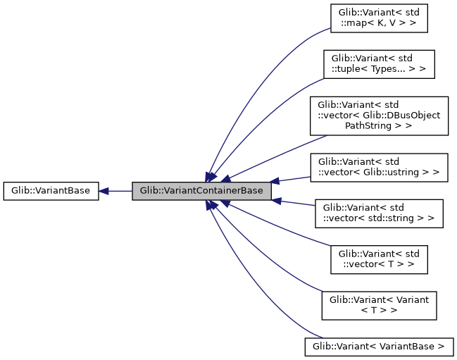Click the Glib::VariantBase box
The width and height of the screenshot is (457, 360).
coord(50,191)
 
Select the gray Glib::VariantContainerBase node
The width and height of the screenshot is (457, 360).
coord(201,191)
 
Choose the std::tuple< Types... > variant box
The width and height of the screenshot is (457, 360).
coord(379,64)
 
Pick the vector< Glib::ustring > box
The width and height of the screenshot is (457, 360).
coord(379,166)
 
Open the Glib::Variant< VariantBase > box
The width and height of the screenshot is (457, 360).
coord(379,346)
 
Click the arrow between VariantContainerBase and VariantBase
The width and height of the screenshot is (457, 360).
coord(120,191)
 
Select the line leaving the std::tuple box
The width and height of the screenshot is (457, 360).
coord(282,106)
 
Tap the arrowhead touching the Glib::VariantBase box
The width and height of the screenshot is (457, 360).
coord(104,191)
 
